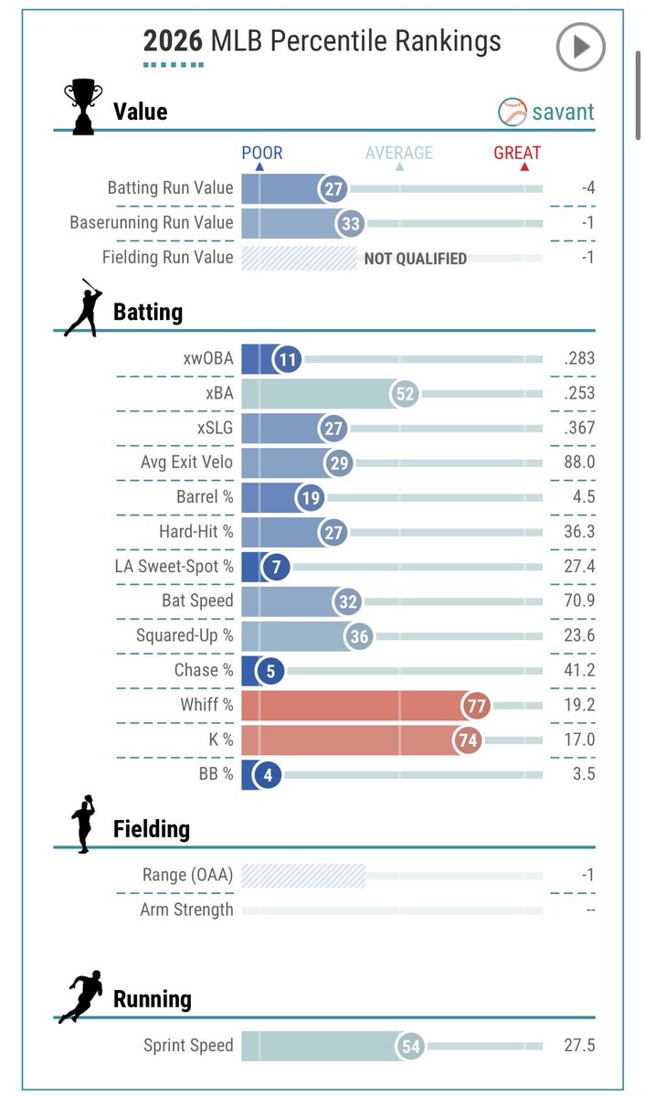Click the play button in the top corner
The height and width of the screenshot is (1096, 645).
point(580,47)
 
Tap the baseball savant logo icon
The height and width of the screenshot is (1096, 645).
point(513,112)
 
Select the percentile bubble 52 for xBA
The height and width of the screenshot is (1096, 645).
point(406,394)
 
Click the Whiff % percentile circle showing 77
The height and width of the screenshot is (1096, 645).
point(476,706)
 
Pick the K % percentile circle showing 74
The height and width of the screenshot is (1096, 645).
point(468,740)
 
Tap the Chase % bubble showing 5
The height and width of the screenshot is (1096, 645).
point(270,671)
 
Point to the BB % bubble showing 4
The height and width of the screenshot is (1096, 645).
point(268,774)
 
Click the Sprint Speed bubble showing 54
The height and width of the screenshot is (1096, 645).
point(411,1046)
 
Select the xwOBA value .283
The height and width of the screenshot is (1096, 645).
point(579,358)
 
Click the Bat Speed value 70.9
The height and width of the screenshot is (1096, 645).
point(579,601)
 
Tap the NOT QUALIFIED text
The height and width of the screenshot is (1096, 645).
point(415,259)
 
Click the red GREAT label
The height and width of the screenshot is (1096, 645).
point(517,153)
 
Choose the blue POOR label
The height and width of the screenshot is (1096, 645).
point(262,153)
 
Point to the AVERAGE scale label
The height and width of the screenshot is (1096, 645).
point(399,153)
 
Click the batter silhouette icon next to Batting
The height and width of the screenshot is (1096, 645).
point(83,307)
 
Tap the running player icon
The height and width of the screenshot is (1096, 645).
point(80,996)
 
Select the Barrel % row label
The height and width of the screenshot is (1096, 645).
point(205,496)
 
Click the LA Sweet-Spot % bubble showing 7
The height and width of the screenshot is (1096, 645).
point(276,567)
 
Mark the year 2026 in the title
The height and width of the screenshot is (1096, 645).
point(173,41)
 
